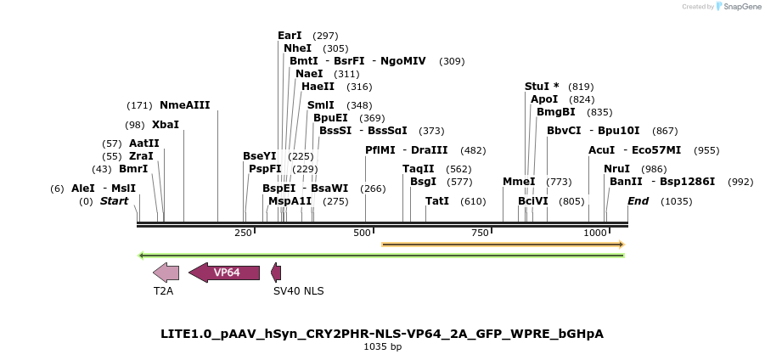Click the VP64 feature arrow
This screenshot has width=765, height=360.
(224, 273)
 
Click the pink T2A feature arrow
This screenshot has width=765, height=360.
(166, 273)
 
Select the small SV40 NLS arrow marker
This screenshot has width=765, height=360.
(276, 273)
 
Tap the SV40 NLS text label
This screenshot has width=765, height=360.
(298, 290)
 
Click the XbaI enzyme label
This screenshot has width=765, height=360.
(166, 125)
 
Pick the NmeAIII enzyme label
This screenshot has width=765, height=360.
(184, 105)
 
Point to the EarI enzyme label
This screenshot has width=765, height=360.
(290, 36)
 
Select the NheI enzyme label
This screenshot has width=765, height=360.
(297, 48)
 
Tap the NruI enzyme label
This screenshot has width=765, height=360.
(617, 169)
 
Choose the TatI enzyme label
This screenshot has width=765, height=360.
(437, 201)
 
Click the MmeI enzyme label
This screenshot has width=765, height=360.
(519, 182)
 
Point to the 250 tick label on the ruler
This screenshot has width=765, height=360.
(243, 233)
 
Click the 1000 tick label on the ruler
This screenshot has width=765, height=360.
(595, 233)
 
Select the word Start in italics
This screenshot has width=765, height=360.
(114, 201)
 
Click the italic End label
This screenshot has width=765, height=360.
(638, 201)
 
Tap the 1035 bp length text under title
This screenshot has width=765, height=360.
(382, 346)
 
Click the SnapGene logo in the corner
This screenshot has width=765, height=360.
(735, 7)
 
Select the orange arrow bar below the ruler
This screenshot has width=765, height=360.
(503, 245)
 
